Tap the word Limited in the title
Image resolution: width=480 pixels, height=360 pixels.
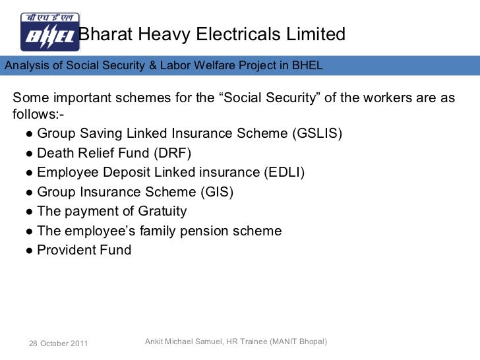[x=313, y=34]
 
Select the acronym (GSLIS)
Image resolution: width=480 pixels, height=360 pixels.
[x=316, y=135]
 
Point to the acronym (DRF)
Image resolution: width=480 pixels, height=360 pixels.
[x=171, y=154]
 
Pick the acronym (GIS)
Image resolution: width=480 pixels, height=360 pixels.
[x=217, y=193]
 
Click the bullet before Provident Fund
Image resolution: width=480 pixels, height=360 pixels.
[x=30, y=251]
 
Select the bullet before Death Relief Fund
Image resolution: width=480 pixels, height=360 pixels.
[x=30, y=154]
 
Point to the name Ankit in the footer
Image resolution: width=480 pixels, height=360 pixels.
[x=154, y=342]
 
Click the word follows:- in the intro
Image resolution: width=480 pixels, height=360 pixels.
[x=38, y=116]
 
